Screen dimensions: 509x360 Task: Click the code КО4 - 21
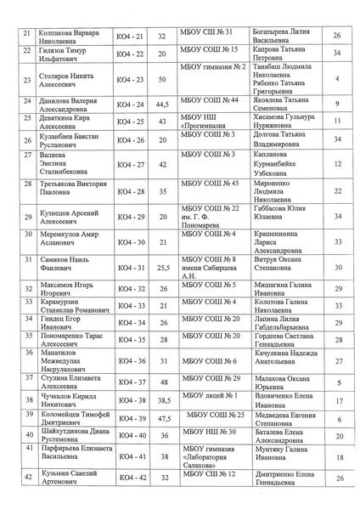pyautogui.click(x=129, y=36)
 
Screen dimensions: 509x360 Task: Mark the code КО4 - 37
pyautogui.click(x=129, y=382)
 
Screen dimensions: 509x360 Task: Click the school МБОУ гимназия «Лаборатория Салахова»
pyautogui.click(x=211, y=457)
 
